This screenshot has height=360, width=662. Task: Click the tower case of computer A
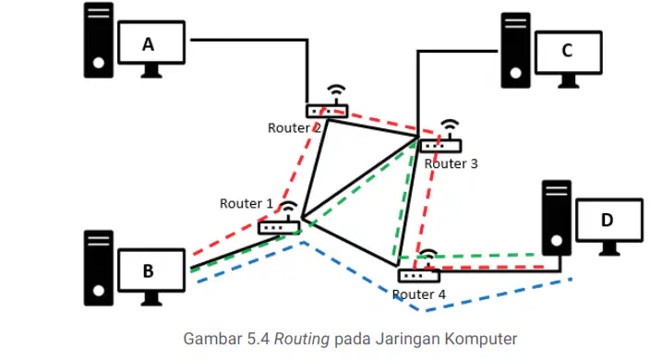point(99,40)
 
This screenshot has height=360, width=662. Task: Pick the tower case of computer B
point(99,268)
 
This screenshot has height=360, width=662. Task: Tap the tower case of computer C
point(515,50)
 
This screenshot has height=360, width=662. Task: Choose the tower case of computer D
point(557,218)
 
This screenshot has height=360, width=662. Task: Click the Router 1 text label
point(247,204)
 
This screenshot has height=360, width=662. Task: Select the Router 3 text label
point(451,163)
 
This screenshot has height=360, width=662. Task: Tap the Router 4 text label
point(419,294)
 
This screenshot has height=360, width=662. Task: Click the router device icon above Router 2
point(327,111)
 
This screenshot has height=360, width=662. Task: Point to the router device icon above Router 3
point(440,146)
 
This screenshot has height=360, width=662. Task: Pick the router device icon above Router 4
point(419,276)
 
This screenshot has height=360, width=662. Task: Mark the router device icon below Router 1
point(279,228)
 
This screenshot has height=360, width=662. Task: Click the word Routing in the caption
point(302,339)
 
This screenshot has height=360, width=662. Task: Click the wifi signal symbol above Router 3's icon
point(450,126)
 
